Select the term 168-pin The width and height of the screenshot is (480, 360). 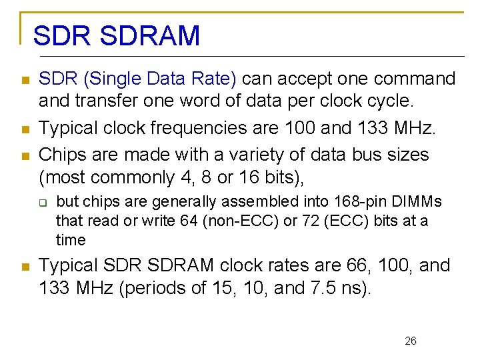pyautogui.click(x=343, y=202)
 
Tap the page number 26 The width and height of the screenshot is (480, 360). pyautogui.click(x=411, y=341)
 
